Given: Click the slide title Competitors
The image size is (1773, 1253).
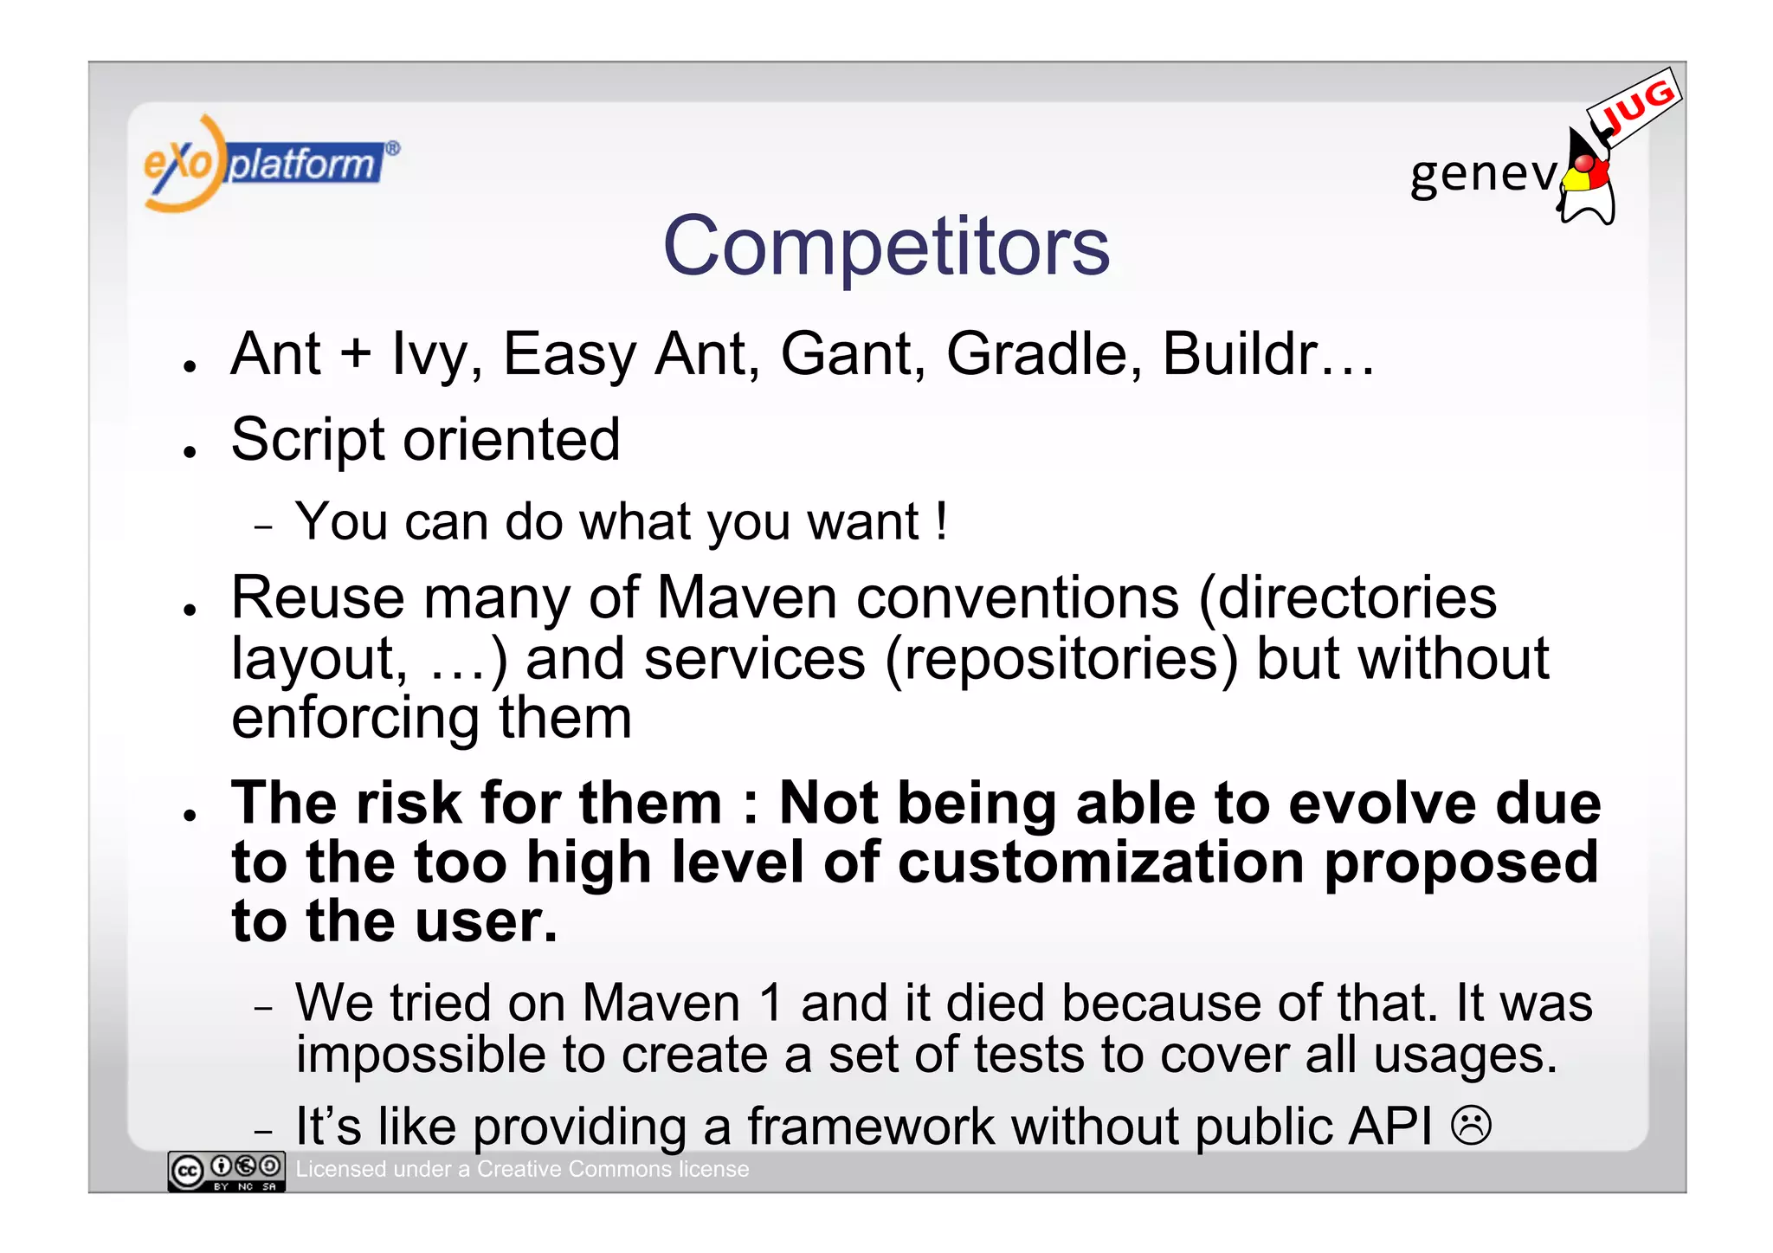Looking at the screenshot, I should (x=886, y=247).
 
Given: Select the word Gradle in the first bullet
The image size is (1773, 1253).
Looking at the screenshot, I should (x=1043, y=354).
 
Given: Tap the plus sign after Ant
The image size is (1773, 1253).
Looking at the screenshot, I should (x=355, y=355).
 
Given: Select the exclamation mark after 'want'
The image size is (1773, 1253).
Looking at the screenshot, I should (x=941, y=522).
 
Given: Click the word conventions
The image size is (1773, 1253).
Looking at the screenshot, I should (x=1017, y=598).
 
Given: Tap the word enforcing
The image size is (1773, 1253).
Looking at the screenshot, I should (x=355, y=720).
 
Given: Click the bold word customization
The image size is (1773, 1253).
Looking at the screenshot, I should (x=1100, y=863).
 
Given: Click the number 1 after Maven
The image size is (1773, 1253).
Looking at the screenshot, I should (x=770, y=1003).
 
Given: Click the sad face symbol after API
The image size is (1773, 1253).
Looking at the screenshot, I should (x=1471, y=1126).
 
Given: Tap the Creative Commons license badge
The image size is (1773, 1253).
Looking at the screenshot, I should (x=226, y=1172).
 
